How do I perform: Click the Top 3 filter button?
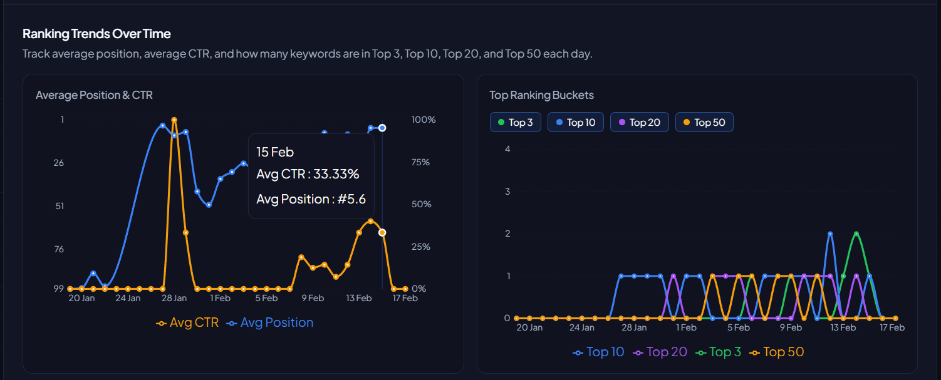[516, 122]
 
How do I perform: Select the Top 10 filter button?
[575, 122]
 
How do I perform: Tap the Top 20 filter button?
[639, 122]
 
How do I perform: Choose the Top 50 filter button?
[704, 122]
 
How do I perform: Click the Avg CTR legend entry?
[187, 323]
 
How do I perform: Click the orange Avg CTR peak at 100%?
[174, 120]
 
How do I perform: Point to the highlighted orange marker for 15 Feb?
[382, 232]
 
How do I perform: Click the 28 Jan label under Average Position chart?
[174, 299]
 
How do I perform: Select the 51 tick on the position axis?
[60, 206]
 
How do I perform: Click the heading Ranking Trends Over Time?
[96, 34]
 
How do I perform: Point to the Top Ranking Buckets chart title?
[541, 95]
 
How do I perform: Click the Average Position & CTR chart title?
[94, 95]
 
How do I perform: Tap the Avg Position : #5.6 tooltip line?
[311, 200]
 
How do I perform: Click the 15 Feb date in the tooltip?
[275, 152]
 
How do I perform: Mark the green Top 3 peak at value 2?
[856, 234]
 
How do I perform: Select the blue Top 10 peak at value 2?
[830, 234]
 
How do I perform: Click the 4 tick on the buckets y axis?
[507, 149]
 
